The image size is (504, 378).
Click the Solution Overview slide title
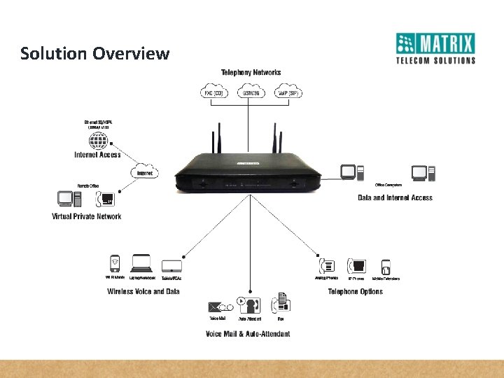click(x=94, y=53)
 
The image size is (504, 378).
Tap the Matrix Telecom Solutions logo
click(x=435, y=48)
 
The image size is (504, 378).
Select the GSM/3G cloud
click(x=251, y=92)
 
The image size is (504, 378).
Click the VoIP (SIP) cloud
click(x=288, y=92)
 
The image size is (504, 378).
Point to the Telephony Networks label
click(x=251, y=72)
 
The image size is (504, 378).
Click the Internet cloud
click(x=145, y=171)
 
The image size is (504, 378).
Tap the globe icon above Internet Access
click(x=99, y=141)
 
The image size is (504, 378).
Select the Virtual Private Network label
click(x=86, y=216)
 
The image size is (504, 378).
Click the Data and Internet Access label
click(x=395, y=198)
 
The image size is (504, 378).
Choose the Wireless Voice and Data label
click(x=143, y=291)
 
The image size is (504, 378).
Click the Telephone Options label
click(x=355, y=291)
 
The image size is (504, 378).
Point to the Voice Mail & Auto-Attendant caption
click(x=248, y=334)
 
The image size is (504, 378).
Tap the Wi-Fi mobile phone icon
click(x=114, y=264)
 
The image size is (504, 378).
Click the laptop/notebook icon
click(x=142, y=263)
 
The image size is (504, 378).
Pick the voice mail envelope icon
click(x=216, y=307)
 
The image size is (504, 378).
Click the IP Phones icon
click(x=358, y=266)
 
